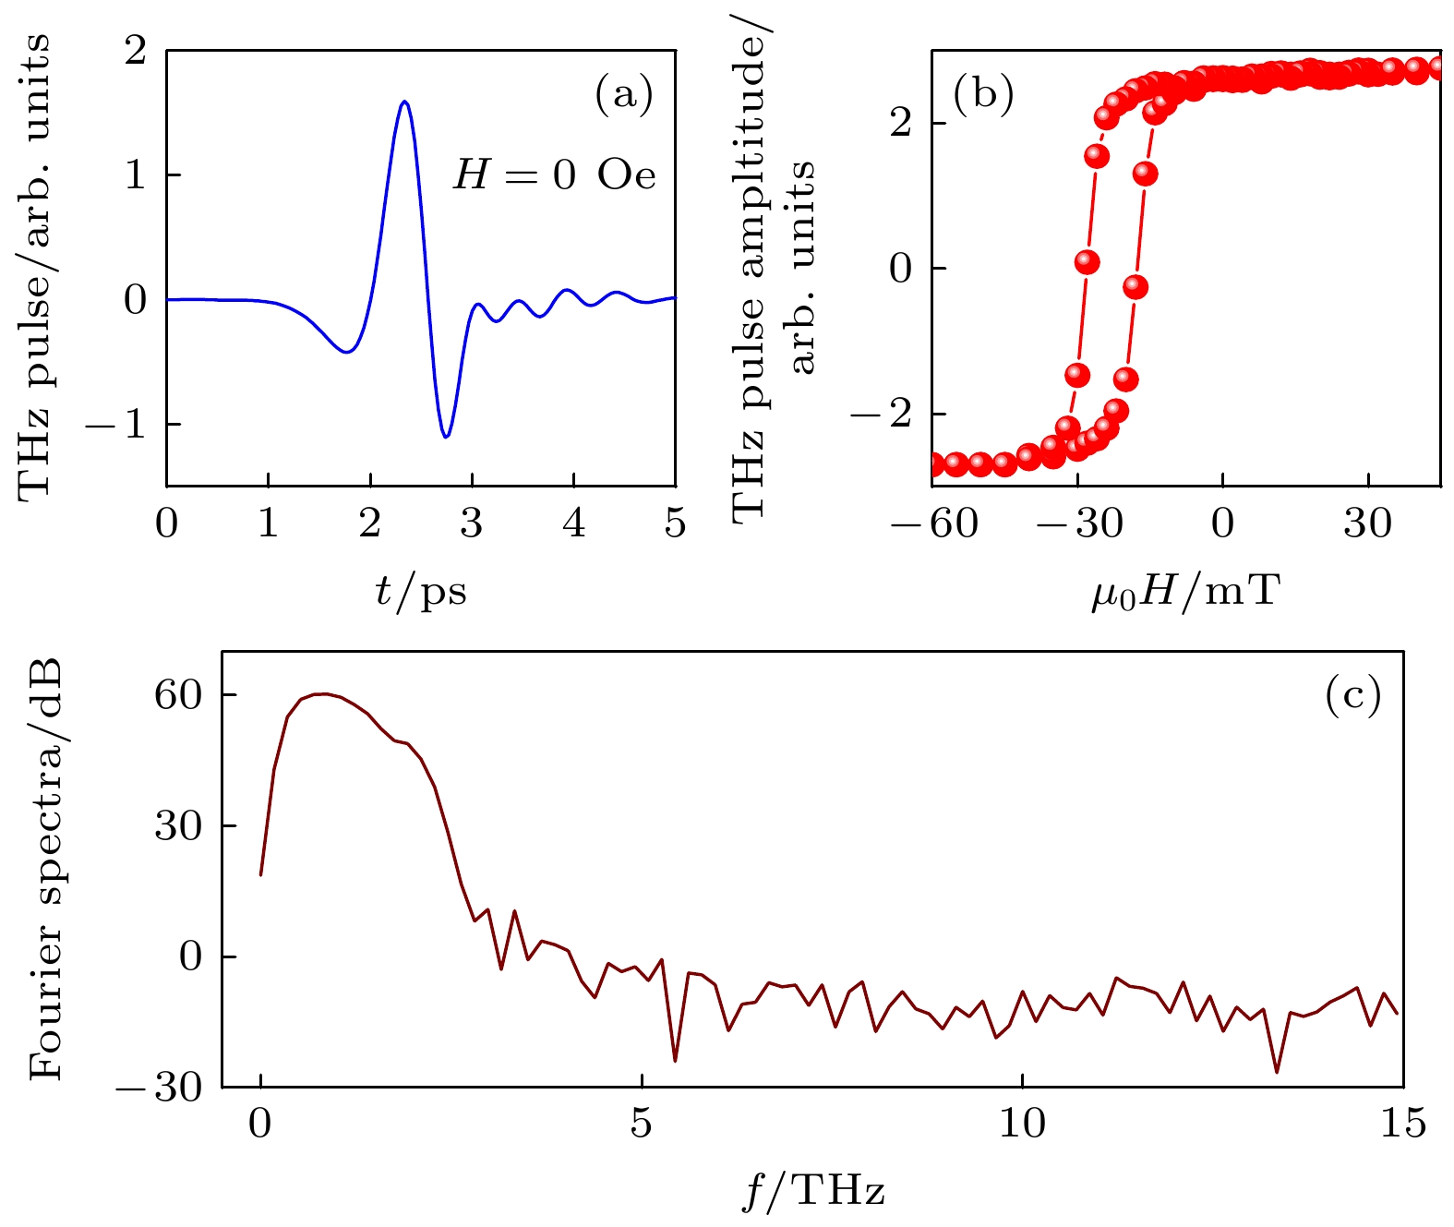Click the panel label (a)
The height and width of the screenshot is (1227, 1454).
[624, 94]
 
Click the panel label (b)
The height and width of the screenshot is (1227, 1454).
[983, 94]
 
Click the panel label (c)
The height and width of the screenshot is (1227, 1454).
[1352, 694]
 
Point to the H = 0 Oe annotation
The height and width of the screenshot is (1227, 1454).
[555, 174]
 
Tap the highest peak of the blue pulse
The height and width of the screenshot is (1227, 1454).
[404, 102]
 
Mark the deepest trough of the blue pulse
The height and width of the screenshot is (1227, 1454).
[446, 437]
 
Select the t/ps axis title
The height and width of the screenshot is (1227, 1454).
[421, 592]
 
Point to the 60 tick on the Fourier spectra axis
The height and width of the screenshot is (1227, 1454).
[177, 695]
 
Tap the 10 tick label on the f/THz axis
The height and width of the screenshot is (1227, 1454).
[1022, 1125]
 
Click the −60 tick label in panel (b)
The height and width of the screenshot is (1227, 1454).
[933, 524]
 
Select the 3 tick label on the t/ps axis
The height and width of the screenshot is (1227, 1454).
[472, 524]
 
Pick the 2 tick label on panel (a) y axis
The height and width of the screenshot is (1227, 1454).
[136, 51]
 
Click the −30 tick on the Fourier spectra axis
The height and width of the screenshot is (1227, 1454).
[159, 1088]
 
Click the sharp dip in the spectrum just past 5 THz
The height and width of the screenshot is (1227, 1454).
[675, 1061]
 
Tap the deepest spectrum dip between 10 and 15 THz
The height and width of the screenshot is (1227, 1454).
[1277, 1072]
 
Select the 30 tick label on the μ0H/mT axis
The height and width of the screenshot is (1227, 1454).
[1367, 524]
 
